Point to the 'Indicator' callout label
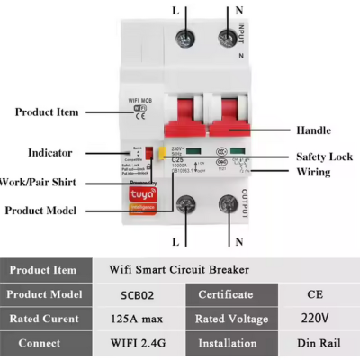click(x=50, y=153)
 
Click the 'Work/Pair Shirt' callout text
click(x=37, y=182)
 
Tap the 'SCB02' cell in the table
click(x=139, y=293)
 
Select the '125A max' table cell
click(x=139, y=318)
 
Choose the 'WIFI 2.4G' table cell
click(x=139, y=343)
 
